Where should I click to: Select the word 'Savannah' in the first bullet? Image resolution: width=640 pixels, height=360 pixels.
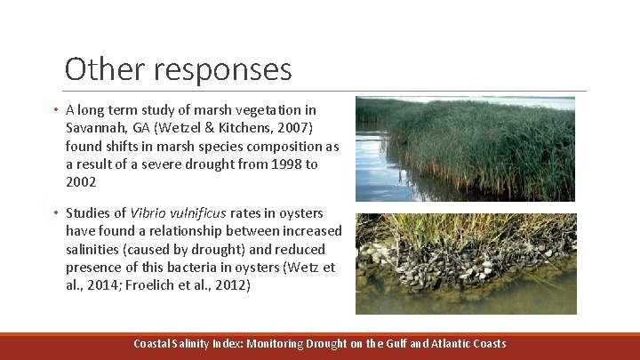pos(93,128)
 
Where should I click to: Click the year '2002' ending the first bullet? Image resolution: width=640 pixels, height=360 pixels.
pos(81,182)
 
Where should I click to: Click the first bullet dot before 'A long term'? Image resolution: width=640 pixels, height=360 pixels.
pos(55,110)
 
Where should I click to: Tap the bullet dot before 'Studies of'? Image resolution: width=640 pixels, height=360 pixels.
pos(55,213)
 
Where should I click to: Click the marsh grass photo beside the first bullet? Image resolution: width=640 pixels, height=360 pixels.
pos(465,149)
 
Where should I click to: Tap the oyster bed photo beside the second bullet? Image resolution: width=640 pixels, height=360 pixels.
pos(465,264)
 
